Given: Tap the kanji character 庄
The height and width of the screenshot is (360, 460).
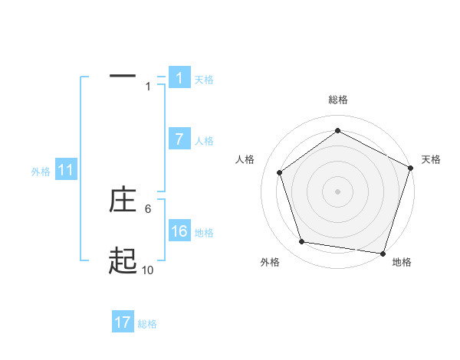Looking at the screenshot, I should click(123, 201).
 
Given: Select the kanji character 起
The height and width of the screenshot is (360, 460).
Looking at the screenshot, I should click(123, 262).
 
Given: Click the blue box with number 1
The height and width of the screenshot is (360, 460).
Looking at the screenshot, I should click(179, 78).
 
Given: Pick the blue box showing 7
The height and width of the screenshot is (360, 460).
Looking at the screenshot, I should click(179, 139).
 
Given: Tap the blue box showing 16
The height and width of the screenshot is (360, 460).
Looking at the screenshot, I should click(179, 231).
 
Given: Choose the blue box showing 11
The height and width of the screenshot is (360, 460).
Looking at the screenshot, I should click(66, 171).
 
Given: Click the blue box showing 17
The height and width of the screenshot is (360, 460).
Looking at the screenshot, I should click(123, 323).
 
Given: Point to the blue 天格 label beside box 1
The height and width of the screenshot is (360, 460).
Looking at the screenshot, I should click(204, 80).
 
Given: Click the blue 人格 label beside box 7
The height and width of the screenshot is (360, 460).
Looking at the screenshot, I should click(204, 141).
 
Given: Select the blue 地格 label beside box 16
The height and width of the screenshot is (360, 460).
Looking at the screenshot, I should click(204, 233).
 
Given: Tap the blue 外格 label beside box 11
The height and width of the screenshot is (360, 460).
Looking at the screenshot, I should click(41, 172).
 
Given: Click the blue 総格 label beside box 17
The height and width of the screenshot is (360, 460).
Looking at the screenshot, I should click(147, 325).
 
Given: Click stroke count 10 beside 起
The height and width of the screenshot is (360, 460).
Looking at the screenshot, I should click(147, 270).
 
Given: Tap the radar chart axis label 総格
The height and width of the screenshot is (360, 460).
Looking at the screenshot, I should click(338, 100).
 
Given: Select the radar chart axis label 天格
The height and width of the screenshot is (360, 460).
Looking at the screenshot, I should click(431, 159).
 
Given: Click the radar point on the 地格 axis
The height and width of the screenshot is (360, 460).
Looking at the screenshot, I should click(383, 253).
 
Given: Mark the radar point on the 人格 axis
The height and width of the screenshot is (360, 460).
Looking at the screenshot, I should click(280, 172).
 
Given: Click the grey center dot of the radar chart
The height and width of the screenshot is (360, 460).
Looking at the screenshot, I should click(338, 191).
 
